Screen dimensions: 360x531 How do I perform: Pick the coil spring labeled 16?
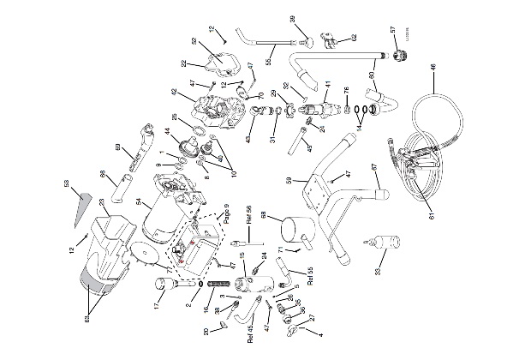pos(221,285)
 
